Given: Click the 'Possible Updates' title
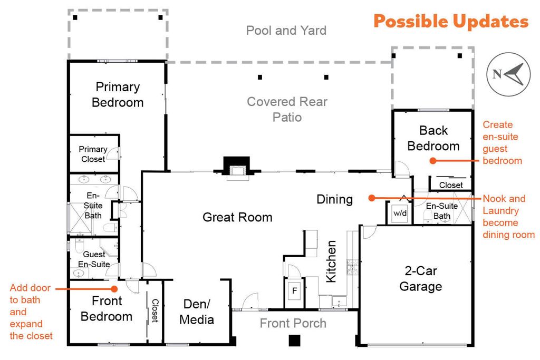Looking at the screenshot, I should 451,22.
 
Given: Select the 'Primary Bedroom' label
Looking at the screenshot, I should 118,95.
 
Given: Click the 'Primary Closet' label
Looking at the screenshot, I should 93,154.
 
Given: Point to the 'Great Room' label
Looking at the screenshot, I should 237,217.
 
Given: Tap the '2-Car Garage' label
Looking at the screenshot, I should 420,279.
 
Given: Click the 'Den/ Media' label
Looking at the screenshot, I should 197,312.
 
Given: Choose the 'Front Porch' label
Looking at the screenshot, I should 293,323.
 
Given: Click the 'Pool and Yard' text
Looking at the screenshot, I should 286,31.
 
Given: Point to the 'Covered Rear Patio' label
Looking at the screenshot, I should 287,109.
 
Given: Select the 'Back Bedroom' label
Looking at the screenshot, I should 433,138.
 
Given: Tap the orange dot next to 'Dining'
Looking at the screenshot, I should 371,198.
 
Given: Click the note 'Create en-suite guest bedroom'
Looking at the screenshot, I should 502,143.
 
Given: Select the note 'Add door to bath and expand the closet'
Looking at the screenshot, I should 31,311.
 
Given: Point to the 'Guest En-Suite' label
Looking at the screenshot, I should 94,259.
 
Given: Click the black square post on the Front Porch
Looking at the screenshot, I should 294,340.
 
